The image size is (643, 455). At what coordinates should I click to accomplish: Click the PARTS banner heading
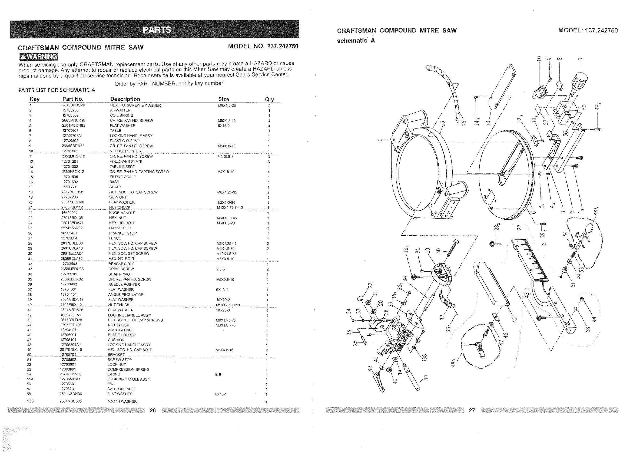pos(157,30)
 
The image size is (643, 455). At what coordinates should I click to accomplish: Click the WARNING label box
pos(38,57)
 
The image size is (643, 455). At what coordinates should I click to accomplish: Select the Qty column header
pos(269,99)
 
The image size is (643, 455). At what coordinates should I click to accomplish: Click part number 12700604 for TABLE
pos(70,131)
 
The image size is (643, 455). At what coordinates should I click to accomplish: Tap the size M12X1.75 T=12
pos(230,207)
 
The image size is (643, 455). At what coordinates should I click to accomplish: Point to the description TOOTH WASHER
pos(122,401)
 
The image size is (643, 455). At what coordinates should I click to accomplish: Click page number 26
pos(153,410)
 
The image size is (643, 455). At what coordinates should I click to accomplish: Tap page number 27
pos(472,410)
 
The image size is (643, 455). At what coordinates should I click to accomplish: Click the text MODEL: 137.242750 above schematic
pos(588,31)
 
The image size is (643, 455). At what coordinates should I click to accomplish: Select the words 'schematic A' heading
pos(356,41)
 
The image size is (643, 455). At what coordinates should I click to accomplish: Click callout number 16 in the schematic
pos(442,124)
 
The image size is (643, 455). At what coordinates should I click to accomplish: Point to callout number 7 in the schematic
pos(581,59)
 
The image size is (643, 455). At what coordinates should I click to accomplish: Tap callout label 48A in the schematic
pos(453,362)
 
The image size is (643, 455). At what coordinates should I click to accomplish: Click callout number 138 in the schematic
pos(425,358)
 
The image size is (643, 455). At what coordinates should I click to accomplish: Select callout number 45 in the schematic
pos(514,319)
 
